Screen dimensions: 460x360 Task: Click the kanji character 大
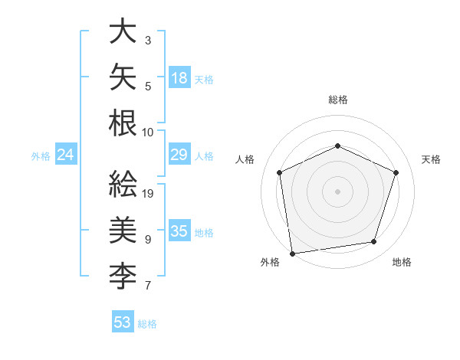pos(123,31)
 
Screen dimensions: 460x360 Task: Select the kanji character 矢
pos(123,77)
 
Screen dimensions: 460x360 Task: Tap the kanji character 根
pos(123,123)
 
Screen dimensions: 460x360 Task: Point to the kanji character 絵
pos(123,184)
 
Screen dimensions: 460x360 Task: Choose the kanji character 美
pos(123,230)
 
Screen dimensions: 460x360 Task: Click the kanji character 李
pos(123,276)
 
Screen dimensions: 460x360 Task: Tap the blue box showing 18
pos(180,77)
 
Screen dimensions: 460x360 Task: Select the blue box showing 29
pos(180,154)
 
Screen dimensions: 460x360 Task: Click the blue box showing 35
pos(180,230)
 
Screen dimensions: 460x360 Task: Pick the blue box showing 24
pos(66,154)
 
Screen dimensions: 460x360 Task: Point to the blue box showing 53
pos(123,321)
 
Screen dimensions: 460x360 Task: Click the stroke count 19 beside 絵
pos(147,194)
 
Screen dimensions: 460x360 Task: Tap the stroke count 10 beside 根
pos(147,133)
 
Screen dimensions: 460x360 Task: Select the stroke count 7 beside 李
pos(148,285)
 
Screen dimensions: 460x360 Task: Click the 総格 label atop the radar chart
pos(338,100)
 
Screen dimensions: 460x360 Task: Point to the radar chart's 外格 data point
pos(292,254)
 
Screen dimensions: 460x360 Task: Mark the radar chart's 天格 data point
pos(396,172)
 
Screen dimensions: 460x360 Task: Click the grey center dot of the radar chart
pos(337,191)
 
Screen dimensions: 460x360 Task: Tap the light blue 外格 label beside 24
pos(41,156)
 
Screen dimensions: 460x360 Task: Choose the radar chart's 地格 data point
pos(374,241)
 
